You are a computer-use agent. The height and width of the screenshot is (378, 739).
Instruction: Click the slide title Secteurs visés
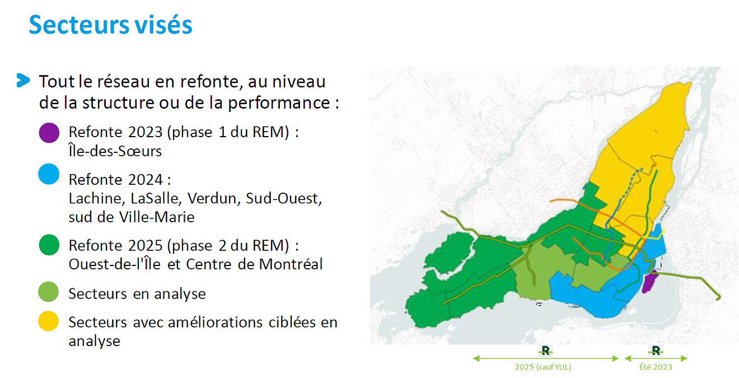pos(110,25)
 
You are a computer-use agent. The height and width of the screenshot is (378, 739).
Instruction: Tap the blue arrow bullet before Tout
pos(23,80)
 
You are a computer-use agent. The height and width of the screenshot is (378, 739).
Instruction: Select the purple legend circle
pos(49,133)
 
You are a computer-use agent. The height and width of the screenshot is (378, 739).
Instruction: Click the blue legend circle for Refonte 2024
pos(49,175)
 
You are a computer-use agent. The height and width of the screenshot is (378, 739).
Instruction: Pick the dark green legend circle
pos(49,245)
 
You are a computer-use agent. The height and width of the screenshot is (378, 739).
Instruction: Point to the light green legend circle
pos(49,292)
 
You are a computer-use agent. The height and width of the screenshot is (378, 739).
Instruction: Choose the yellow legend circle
pos(49,321)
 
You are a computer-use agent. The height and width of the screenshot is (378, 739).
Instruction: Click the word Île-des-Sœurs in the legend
pos(115,151)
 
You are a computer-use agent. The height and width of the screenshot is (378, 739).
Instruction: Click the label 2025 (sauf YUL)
pos(542,367)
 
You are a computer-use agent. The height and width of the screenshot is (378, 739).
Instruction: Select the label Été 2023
pos(656,367)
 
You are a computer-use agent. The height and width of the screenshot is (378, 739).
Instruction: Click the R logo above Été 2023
pos(656,351)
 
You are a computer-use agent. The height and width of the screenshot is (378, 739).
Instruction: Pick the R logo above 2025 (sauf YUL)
pos(545,351)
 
